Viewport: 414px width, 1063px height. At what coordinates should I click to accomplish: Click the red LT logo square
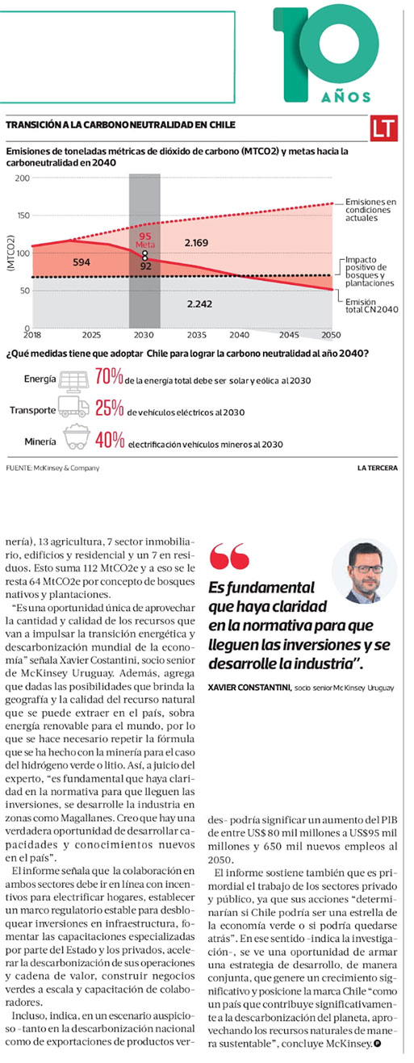(383, 128)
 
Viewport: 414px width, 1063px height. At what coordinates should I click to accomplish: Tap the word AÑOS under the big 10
(346, 97)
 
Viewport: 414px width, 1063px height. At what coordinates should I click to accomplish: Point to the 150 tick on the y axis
(23, 216)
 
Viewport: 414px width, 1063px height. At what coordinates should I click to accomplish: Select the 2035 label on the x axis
(196, 335)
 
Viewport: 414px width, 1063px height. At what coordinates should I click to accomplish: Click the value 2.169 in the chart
(196, 243)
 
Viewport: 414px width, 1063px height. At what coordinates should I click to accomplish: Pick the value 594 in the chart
(82, 262)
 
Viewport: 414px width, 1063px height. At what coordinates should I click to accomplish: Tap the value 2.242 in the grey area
(199, 303)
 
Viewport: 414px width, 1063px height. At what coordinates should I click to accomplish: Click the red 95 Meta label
(145, 241)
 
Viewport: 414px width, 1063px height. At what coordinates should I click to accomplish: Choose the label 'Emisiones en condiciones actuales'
(370, 210)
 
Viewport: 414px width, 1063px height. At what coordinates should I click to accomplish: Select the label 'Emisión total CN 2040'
(371, 306)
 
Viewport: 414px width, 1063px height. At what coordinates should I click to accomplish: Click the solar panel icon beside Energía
(73, 381)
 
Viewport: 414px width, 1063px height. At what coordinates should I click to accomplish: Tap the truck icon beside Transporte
(73, 407)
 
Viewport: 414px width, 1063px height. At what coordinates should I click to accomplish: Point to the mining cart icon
(76, 437)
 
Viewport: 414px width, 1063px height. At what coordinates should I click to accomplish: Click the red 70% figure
(109, 376)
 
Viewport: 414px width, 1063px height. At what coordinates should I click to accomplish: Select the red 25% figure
(110, 408)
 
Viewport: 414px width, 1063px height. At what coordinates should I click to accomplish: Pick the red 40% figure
(110, 440)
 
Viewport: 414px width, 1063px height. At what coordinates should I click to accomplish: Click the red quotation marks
(229, 556)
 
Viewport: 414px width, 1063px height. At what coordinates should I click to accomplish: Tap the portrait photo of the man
(364, 571)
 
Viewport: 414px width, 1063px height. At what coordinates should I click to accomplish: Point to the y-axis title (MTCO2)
(10, 253)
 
